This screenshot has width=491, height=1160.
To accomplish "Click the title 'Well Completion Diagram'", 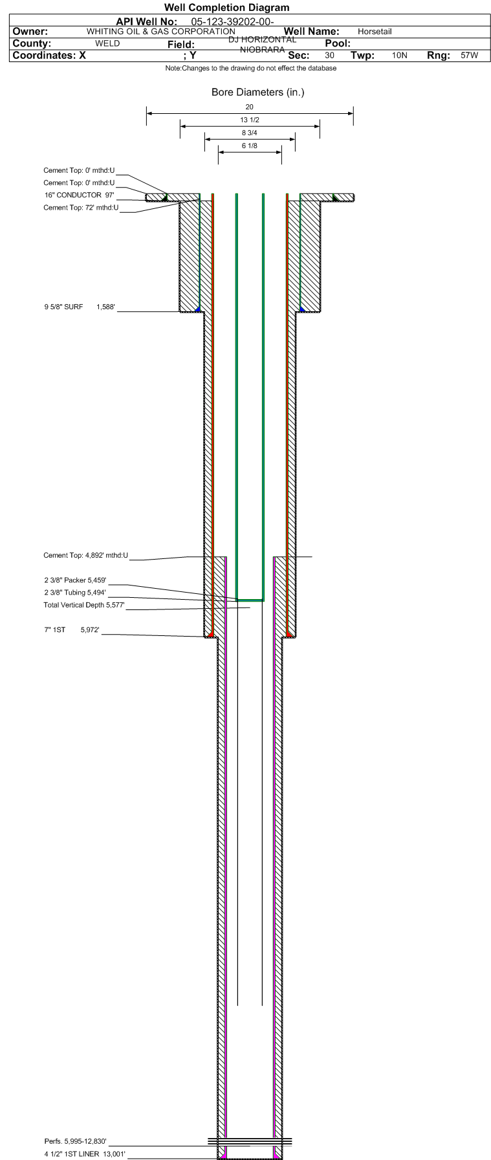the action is [x=226, y=8].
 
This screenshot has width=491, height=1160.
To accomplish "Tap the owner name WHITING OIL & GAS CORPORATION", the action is [x=161, y=31].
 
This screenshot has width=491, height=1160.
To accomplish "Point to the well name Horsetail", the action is [x=375, y=31].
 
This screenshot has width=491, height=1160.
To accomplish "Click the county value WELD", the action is [x=107, y=43].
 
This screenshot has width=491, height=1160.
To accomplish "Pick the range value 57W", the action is [x=469, y=55].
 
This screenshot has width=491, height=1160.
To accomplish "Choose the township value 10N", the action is [x=400, y=55].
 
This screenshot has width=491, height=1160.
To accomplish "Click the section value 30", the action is [x=330, y=55].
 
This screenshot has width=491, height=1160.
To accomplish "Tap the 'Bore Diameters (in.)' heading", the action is [x=257, y=92].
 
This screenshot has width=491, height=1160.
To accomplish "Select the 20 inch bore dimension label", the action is [x=250, y=107].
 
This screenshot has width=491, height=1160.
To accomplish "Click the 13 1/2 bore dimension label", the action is [x=250, y=120].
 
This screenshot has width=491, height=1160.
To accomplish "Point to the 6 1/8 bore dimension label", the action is [x=250, y=146].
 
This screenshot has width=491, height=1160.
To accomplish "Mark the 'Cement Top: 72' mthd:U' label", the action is [x=81, y=208].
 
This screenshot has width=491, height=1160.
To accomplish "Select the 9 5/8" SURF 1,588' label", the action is [x=80, y=307].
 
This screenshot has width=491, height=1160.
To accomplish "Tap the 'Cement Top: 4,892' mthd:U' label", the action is [x=85, y=555].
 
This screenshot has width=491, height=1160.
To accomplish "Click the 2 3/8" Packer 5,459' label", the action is [x=75, y=580].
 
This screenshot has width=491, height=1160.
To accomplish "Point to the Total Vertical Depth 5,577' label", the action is [x=84, y=605].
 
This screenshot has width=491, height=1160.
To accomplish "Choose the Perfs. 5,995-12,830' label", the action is [x=75, y=1141].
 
